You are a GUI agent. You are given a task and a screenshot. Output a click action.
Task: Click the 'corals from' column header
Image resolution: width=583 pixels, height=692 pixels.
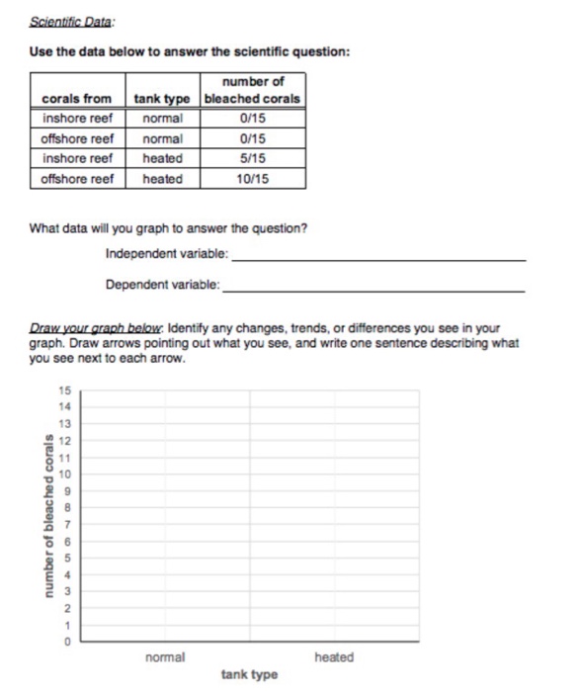(76, 99)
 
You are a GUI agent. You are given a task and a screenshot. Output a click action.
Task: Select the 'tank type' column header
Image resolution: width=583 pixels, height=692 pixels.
(164, 99)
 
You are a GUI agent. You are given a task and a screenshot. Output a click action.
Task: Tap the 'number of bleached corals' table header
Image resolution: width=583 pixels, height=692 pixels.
(252, 90)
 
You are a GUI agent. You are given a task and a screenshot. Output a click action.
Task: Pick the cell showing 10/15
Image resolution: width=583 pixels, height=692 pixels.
(253, 179)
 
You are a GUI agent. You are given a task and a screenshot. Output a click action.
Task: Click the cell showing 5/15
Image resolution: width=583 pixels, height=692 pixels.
(253, 158)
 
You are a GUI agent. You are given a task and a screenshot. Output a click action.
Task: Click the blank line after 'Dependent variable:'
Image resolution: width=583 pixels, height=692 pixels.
(375, 289)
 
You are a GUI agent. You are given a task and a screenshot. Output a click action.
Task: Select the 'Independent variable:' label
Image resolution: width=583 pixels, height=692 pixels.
(167, 254)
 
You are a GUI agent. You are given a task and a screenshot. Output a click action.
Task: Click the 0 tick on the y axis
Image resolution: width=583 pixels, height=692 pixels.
(67, 643)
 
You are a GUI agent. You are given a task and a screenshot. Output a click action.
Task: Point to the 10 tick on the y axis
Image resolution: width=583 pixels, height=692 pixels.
(66, 475)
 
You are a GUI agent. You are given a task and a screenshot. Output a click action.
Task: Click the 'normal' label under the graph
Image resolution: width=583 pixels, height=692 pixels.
(164, 657)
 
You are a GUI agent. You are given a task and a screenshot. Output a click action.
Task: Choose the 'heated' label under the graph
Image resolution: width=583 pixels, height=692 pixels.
(333, 657)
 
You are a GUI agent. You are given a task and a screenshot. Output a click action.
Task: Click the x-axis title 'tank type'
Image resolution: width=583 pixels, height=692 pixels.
(249, 675)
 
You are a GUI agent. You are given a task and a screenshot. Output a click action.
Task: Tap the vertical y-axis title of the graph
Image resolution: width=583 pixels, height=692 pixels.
(46, 517)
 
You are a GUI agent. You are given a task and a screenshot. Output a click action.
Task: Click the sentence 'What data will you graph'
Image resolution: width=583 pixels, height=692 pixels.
(168, 228)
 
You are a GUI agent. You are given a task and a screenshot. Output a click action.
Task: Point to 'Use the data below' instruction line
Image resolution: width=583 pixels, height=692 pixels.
(189, 51)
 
